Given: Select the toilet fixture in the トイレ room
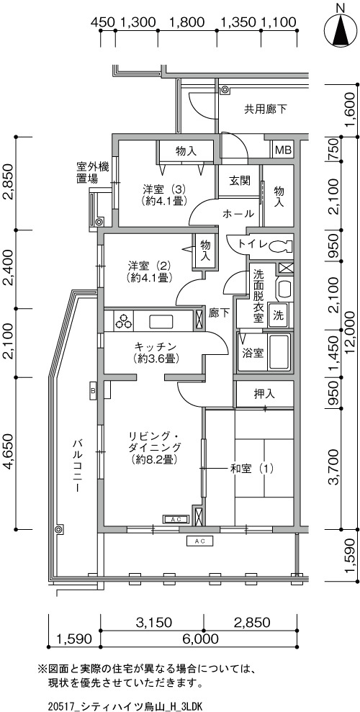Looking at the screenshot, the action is click(281, 246).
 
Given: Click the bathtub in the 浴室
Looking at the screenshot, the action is click(279, 352).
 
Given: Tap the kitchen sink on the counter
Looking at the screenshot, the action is click(161, 322).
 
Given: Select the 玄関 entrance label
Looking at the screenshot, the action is click(239, 181).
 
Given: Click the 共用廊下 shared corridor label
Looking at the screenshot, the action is click(266, 109).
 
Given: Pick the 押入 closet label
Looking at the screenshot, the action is click(265, 394).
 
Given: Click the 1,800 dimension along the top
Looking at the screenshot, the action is click(187, 22).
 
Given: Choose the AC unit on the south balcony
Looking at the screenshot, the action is click(199, 541).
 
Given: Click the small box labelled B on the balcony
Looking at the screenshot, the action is click(93, 390).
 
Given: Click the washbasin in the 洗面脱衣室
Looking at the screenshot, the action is click(284, 289).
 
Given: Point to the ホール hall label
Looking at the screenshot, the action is click(238, 214).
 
